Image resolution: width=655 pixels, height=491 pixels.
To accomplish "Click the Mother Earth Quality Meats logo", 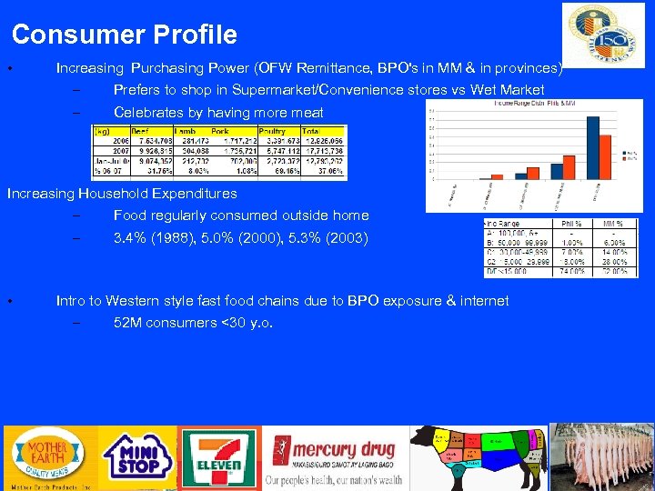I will tap(49, 458).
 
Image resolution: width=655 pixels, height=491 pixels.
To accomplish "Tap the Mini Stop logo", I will tap(136, 458).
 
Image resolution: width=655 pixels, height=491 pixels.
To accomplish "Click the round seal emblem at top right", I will tap(603, 35).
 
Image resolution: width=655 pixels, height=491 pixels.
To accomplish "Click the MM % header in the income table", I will tap(614, 223).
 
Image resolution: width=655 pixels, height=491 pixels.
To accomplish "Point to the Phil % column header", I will tap(572, 223).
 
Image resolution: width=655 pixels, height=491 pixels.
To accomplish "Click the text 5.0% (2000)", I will tap(230, 238).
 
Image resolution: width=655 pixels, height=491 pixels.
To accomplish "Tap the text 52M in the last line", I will tap(127, 323).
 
